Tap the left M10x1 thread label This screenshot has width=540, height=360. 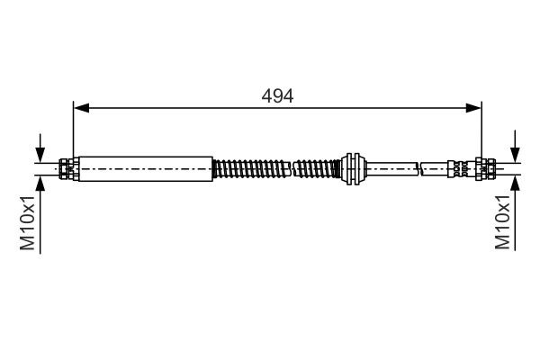pos(29,225)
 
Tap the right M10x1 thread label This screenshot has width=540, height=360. pos(503,225)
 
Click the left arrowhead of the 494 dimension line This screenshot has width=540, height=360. pos(80,109)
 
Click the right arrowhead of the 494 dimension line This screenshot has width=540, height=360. pos(474,109)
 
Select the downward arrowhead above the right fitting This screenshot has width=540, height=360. pos(515,154)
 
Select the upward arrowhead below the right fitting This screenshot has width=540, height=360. pos(515,179)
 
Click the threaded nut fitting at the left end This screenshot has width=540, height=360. pos(67,166)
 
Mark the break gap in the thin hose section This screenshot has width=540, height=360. pos(420,166)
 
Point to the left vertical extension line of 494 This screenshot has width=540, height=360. pos(73,130)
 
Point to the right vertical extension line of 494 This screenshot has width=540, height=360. pos(481,130)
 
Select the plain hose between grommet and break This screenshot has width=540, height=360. pos(391,166)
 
